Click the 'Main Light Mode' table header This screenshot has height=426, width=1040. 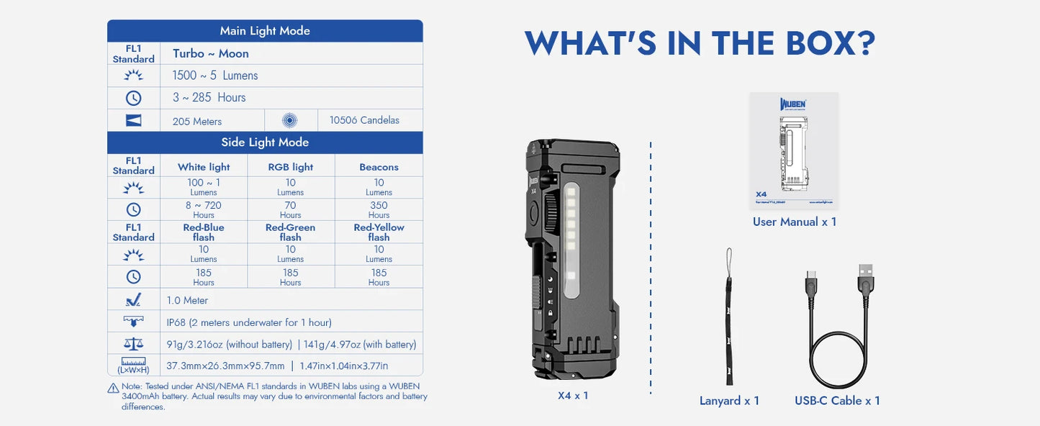click(265, 31)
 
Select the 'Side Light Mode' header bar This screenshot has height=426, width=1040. click(265, 142)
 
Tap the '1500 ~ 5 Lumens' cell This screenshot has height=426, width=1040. click(214, 76)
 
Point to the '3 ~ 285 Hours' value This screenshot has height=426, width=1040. click(209, 97)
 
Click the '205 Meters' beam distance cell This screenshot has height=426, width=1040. click(197, 121)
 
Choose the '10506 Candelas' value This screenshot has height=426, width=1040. click(364, 120)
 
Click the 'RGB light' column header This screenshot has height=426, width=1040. click(291, 167)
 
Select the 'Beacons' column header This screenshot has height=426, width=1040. click(379, 167)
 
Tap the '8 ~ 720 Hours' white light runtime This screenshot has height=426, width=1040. click(204, 209)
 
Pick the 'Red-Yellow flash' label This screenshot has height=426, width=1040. click(379, 232)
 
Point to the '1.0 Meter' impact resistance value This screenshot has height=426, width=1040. click(187, 300)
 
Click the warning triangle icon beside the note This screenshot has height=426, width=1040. click(113, 389)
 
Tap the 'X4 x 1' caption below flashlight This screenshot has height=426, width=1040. click(573, 395)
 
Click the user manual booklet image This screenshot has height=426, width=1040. click(794, 150)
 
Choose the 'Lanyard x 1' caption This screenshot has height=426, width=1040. click(729, 401)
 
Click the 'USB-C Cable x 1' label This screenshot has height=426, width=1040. click(837, 401)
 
